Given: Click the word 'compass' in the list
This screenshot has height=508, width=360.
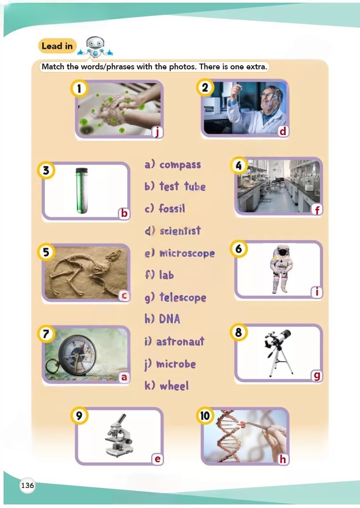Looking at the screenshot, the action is [180, 165].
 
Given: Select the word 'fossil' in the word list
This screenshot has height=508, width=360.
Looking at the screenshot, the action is [172, 208].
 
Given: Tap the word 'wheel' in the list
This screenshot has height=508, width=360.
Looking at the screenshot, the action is [174, 385].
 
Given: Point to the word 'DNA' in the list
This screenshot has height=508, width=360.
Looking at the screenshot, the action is [169, 319].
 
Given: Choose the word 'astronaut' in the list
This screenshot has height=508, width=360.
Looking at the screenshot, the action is [180, 341].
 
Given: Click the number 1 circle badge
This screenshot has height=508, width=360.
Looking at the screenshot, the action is [79, 88].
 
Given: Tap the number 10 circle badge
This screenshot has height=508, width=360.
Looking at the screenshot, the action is [205, 416].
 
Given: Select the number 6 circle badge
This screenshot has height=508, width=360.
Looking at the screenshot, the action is [239, 249].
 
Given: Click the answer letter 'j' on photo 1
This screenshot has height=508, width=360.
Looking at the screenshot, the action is [157, 132].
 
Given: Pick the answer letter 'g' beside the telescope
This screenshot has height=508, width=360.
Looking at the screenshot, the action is [316, 376].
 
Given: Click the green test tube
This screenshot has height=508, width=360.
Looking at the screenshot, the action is [82, 191].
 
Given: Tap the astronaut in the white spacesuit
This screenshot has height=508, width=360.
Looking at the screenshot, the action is [280, 269].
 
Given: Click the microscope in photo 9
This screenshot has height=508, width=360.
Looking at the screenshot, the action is [119, 435].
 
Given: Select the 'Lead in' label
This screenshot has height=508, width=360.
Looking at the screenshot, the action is [57, 46].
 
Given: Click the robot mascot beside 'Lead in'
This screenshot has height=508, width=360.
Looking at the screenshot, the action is [95, 47].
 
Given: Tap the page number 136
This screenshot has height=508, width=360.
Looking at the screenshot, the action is [27, 485].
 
